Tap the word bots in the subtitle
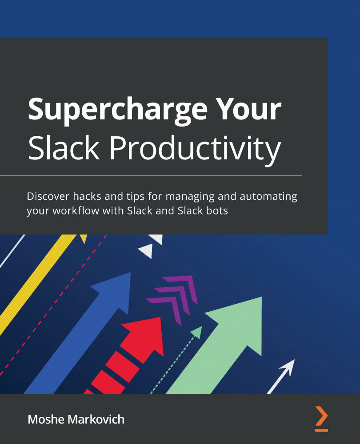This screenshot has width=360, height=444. [x=216, y=210]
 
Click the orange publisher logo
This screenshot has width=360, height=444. [x=321, y=419]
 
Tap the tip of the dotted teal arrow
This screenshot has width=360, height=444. [x=197, y=331]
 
